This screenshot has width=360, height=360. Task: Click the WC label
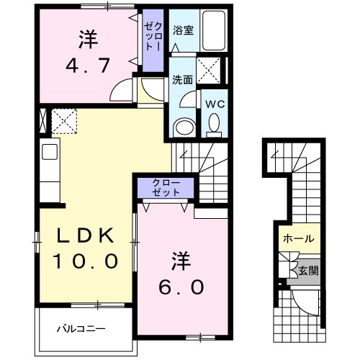215,104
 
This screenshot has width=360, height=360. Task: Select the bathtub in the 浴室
214,30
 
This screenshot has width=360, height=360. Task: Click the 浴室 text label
184,30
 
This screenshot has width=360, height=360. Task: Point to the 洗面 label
183,80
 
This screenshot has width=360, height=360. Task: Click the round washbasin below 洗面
184,127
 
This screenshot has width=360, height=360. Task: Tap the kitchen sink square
50,152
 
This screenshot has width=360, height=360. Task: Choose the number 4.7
88,66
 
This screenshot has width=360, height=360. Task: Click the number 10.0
86,261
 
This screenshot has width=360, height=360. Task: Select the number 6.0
181,287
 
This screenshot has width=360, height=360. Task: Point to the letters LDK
85,235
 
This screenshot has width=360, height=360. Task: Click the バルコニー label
81,329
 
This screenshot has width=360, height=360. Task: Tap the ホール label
299,238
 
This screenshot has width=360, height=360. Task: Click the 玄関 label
308,271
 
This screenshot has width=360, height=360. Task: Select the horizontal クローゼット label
166,187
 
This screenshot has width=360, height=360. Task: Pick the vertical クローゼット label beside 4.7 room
153,37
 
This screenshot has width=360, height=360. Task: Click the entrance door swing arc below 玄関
303,305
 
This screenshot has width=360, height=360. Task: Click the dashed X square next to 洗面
208,71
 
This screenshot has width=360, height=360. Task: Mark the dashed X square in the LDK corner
64,121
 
